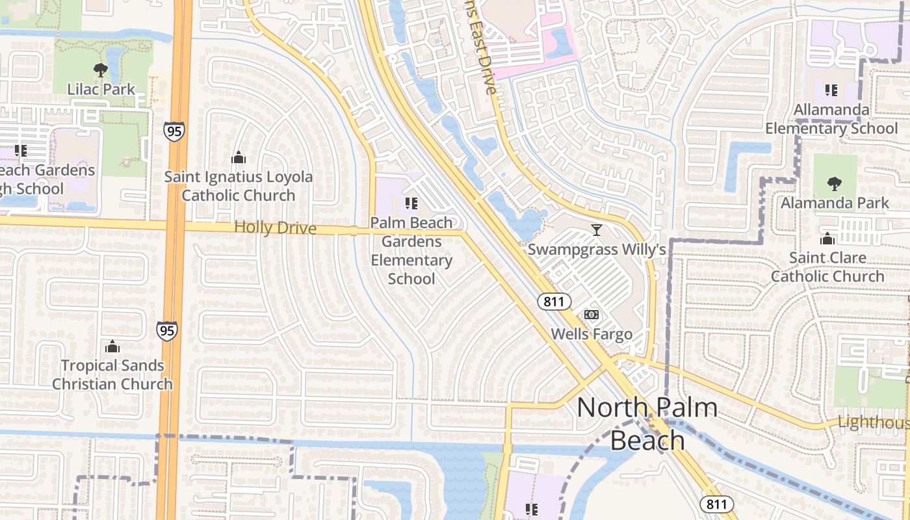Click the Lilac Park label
pyautogui.click(x=101, y=89)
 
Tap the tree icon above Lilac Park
pyautogui.click(x=101, y=70)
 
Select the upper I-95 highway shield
pyautogui.click(x=174, y=131)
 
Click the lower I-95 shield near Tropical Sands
pyautogui.click(x=167, y=331)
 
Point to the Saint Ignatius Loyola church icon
pyautogui.click(x=239, y=157)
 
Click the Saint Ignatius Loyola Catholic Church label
pyautogui.click(x=239, y=186)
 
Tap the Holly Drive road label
pyautogui.click(x=275, y=228)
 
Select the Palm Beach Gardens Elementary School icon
pyautogui.click(x=411, y=203)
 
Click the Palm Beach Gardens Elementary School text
pyautogui.click(x=411, y=251)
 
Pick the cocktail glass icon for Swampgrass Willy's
pyautogui.click(x=596, y=230)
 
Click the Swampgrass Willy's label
pyautogui.click(x=596, y=250)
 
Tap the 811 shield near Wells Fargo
pyautogui.click(x=554, y=301)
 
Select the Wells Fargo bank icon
pyautogui.click(x=591, y=315)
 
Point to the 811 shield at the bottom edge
pyautogui.click(x=717, y=504)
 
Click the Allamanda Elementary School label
pyautogui.click(x=831, y=119)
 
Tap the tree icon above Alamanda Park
pyautogui.click(x=835, y=184)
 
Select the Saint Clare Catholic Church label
pyautogui.click(x=827, y=267)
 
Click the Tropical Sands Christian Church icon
pyautogui.click(x=112, y=346)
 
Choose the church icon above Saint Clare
pyautogui.click(x=827, y=239)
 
